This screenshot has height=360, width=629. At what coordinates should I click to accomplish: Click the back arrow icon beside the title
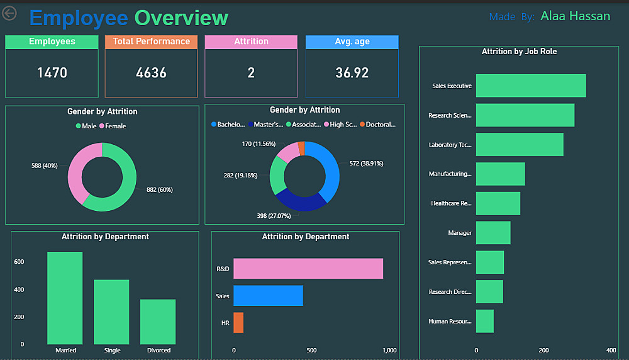(9, 13)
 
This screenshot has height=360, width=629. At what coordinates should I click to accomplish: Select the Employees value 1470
(52, 72)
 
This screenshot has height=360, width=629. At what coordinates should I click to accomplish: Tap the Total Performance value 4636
(152, 72)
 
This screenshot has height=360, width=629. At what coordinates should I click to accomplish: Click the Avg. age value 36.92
(352, 72)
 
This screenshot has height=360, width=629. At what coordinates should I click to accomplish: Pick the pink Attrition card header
(251, 42)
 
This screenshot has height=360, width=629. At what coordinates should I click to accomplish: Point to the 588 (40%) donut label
(44, 166)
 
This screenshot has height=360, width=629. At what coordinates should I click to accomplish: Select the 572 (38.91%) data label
(366, 163)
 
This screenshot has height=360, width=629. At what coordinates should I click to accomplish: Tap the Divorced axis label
(159, 350)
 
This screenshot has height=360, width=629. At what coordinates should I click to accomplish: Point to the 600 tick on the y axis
(19, 262)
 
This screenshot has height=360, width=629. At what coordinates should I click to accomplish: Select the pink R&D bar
(308, 269)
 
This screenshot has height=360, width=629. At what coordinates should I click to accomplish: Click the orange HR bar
(238, 322)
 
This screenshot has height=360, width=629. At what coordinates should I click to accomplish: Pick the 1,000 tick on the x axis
(389, 350)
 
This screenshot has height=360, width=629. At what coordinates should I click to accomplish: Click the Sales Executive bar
(530, 86)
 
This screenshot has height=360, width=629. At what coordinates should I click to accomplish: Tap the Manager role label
(460, 233)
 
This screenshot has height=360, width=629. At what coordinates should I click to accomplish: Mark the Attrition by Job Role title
(519, 52)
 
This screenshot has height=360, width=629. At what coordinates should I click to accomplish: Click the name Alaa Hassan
(575, 16)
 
